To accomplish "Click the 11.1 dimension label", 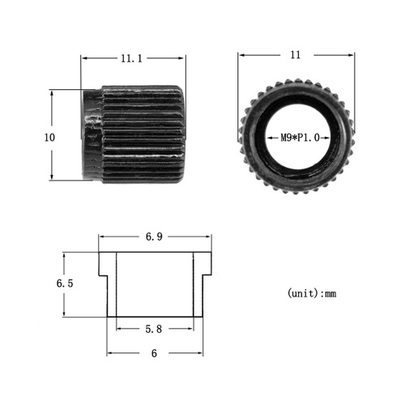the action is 131,58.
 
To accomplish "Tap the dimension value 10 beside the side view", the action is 49,138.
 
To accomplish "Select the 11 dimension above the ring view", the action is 296,55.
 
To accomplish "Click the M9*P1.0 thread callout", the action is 300,138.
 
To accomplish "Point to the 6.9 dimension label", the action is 154,237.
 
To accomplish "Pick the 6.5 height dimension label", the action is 65,283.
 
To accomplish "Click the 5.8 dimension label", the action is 154,329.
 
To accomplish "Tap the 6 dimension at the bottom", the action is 154,353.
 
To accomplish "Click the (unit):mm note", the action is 312,293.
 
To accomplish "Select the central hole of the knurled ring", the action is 298,138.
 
